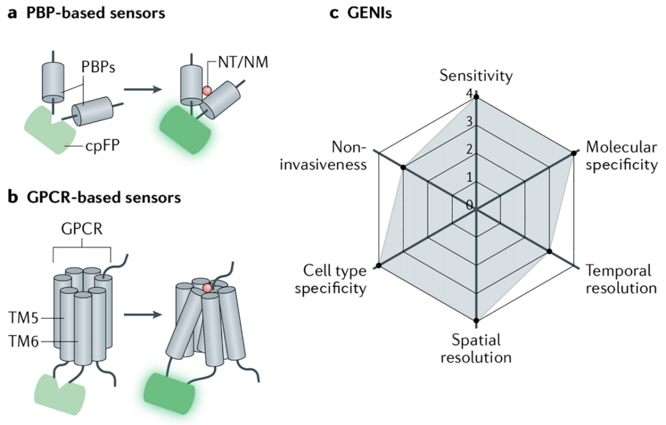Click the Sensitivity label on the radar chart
(x=476, y=76)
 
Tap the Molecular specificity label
(x=622, y=155)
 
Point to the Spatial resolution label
(x=476, y=349)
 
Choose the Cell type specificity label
(x=331, y=279)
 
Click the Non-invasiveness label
(x=323, y=155)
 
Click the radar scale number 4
(x=469, y=94)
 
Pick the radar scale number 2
(x=469, y=149)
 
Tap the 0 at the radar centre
(x=469, y=205)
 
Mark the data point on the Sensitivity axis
(x=476, y=97)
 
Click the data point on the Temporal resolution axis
(x=549, y=252)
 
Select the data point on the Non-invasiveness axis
(x=403, y=167)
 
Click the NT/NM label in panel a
(x=243, y=62)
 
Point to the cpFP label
(x=102, y=146)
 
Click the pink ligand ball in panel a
(x=207, y=91)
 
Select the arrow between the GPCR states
(x=142, y=315)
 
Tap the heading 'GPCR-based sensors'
(x=104, y=197)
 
